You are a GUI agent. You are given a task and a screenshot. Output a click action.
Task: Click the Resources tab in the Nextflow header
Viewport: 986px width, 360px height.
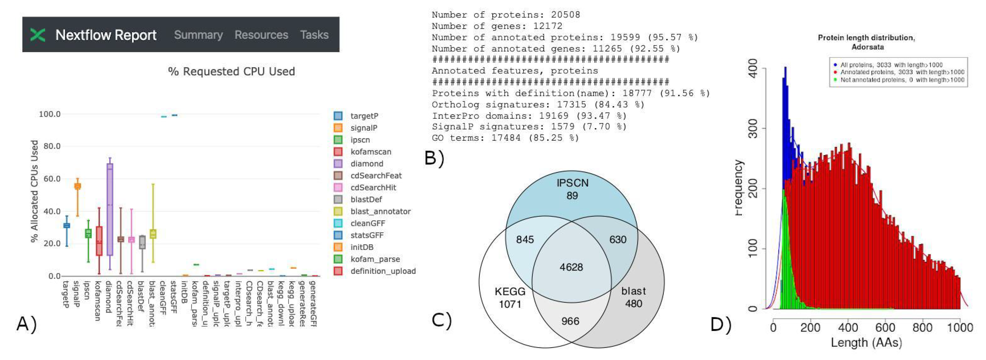click(x=261, y=35)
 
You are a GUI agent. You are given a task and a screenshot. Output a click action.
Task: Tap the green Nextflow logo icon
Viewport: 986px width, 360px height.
click(x=38, y=35)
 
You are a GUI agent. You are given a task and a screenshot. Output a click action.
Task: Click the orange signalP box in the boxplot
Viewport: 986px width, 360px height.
click(x=77, y=186)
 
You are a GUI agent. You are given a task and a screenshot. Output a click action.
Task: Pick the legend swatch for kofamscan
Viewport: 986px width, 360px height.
click(x=338, y=151)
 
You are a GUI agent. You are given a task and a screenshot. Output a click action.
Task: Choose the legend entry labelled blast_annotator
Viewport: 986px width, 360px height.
click(x=380, y=211)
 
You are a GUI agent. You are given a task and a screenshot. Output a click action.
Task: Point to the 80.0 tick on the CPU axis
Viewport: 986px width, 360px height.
click(x=52, y=146)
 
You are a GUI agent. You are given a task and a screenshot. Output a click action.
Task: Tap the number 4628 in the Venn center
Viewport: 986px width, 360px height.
click(x=571, y=267)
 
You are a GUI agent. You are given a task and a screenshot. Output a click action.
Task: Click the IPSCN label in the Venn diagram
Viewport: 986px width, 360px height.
click(x=572, y=183)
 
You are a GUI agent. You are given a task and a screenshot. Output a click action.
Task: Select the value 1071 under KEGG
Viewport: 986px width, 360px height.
click(x=510, y=304)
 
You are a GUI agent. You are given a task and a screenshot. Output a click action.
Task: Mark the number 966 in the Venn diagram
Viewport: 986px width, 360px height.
click(x=570, y=321)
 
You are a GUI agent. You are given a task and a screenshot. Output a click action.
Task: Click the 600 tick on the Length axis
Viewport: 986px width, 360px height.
click(x=885, y=327)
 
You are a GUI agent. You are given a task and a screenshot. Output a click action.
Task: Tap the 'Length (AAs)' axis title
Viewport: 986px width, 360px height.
click(x=866, y=342)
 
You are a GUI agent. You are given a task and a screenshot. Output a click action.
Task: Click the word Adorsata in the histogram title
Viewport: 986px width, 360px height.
click(x=867, y=47)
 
